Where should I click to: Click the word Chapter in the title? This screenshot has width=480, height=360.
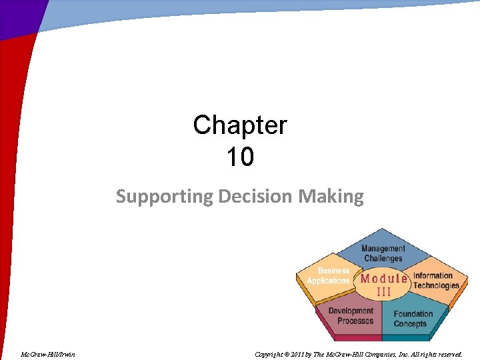coord(240,125)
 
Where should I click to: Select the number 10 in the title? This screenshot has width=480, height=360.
coord(240,157)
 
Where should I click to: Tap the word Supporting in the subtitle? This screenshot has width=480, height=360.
coord(155,197)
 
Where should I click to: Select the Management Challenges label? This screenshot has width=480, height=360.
coord(383,253)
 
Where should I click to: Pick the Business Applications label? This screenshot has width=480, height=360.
coord(329,276)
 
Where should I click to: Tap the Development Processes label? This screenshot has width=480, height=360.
coord(351,315)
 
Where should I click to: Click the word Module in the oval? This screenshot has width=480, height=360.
coord(384,279)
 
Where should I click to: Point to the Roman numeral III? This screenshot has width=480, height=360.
coord(384,291)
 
